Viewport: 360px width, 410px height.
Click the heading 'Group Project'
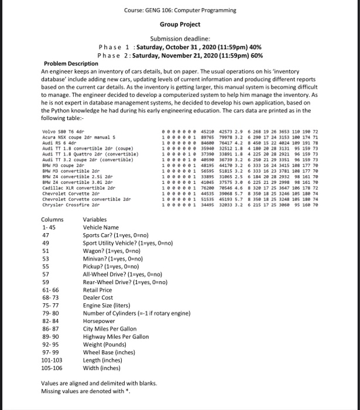(x=180, y=25)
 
